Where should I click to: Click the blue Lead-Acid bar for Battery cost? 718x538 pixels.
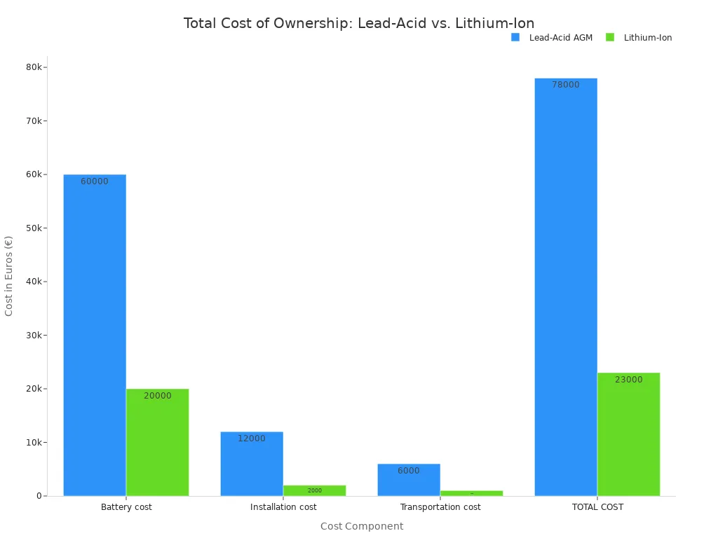coord(95,336)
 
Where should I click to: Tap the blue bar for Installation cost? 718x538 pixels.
coord(252,466)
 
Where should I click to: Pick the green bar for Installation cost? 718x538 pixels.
coord(314,490)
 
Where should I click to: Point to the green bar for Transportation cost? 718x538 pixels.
coord(471,493)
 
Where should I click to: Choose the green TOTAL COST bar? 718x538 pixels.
coord(628,434)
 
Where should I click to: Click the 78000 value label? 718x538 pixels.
coord(566,85)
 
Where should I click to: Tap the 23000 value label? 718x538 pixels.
coord(628,380)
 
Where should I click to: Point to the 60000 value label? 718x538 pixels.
coord(95,181)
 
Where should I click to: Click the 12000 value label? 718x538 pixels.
coord(252,439)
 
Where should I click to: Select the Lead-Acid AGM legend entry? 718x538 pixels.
coord(553,38)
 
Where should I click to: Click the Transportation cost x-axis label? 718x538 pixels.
coord(440,507)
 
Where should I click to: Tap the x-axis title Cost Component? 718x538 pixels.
coord(362,526)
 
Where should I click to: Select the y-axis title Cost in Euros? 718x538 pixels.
coord(9,276)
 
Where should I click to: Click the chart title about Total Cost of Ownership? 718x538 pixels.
coord(359,23)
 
